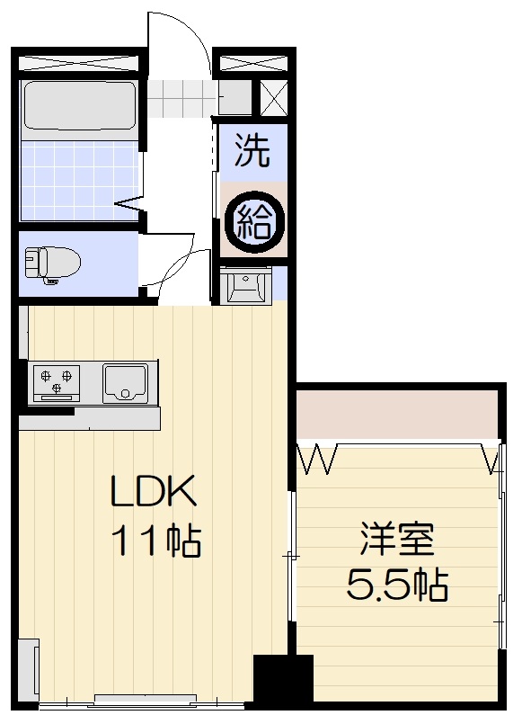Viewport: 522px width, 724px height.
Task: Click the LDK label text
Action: [153, 490]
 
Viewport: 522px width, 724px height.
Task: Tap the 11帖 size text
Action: [155, 541]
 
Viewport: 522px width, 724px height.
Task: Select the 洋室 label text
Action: [397, 539]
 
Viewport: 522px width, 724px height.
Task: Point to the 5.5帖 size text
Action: [396, 585]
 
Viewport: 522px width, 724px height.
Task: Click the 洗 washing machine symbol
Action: [252, 150]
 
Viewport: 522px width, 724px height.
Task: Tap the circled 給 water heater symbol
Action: [253, 223]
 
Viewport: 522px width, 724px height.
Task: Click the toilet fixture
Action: [51, 264]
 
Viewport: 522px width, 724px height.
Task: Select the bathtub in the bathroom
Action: [79, 106]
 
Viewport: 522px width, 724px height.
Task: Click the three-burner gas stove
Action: [57, 383]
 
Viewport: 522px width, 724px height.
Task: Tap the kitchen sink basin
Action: [126, 383]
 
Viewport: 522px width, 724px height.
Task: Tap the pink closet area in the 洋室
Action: [396, 415]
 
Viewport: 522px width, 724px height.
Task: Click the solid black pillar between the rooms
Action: [284, 677]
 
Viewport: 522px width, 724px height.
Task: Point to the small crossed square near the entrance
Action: [273, 98]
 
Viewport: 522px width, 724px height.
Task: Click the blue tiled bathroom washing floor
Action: [79, 180]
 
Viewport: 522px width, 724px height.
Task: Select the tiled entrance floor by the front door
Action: [182, 98]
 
